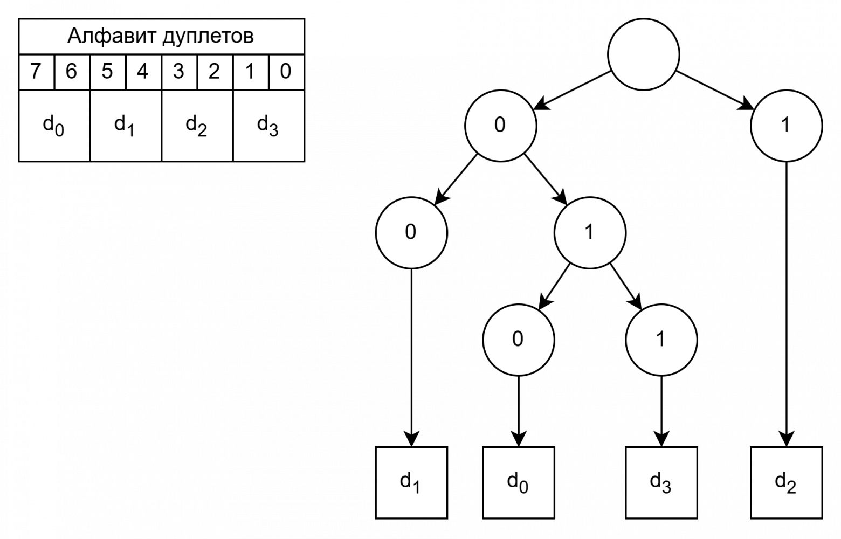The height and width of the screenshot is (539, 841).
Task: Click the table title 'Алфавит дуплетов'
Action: tap(161, 37)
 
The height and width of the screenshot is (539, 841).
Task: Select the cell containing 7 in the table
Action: tap(36, 72)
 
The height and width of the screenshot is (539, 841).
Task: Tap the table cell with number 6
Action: tap(72, 72)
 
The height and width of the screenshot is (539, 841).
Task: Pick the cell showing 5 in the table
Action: tap(107, 72)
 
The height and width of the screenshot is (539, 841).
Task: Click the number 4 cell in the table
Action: tap(143, 72)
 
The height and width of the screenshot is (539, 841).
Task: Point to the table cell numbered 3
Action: tap(178, 72)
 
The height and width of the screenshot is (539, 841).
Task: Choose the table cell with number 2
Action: tap(214, 72)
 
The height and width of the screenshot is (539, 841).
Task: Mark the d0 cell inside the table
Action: tap(54, 126)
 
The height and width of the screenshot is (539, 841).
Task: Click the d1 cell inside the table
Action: tap(125, 126)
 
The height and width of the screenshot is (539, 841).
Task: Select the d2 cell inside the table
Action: tap(196, 126)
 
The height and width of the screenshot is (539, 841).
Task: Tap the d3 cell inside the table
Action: tap(268, 126)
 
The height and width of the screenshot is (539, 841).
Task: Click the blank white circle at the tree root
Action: tap(643, 54)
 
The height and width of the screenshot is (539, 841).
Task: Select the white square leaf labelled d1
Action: tap(411, 482)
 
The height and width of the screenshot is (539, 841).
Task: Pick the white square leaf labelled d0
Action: tap(518, 482)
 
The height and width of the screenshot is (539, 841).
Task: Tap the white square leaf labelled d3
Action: tap(661, 482)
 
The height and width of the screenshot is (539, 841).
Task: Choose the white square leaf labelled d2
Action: tap(786, 482)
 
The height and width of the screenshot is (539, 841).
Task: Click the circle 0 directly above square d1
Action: tap(411, 232)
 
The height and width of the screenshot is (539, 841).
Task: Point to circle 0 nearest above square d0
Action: tap(518, 340)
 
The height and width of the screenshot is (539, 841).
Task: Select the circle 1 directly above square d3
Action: tap(661, 340)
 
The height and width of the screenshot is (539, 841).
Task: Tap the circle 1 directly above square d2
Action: tap(786, 126)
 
